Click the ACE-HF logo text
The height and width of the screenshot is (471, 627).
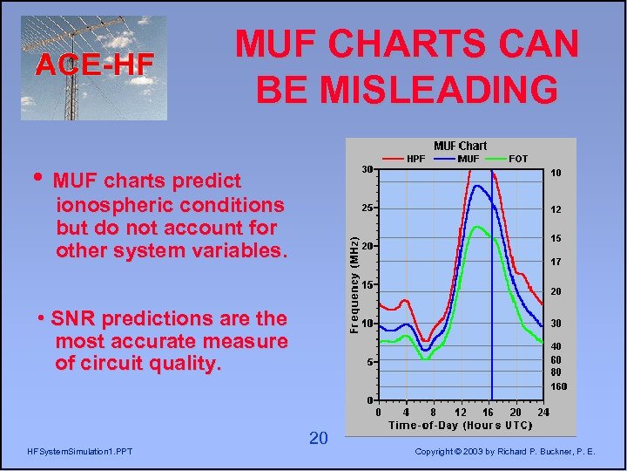click(x=94, y=64)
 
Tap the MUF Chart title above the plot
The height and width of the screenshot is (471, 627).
click(x=461, y=146)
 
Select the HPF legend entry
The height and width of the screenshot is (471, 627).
click(x=416, y=158)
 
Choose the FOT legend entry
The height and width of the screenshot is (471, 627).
click(x=517, y=158)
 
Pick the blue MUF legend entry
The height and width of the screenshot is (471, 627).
click(x=467, y=158)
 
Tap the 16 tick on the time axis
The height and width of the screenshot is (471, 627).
click(x=489, y=412)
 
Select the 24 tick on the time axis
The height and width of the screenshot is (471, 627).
click(x=543, y=412)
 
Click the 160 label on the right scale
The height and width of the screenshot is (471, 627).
click(x=558, y=386)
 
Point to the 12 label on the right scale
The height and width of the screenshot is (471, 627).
click(x=556, y=209)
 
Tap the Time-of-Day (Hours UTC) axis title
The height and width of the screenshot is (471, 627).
click(x=461, y=425)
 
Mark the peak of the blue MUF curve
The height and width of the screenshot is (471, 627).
click(x=477, y=186)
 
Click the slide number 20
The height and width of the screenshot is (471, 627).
click(x=318, y=438)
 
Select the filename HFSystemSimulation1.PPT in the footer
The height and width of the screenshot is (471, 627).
click(x=80, y=450)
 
